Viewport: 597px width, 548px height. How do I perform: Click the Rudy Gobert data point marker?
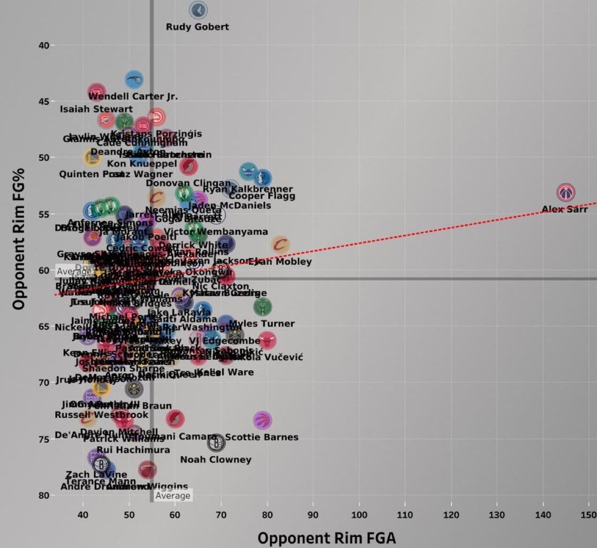(198, 10)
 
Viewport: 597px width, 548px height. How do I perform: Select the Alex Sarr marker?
(565, 192)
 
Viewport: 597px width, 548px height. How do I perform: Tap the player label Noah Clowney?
(216, 460)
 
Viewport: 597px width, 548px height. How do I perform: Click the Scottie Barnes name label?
(262, 437)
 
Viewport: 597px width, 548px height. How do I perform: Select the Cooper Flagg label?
(262, 196)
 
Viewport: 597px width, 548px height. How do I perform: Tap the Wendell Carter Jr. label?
(133, 97)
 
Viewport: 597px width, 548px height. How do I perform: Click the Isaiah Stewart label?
(96, 109)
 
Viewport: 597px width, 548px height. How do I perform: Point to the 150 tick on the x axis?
(589, 515)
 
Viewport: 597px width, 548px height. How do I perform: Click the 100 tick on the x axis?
(359, 515)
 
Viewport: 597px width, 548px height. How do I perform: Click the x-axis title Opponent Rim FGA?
(327, 537)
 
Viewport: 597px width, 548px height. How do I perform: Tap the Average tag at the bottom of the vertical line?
(173, 496)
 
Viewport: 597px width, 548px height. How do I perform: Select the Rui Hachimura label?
(133, 450)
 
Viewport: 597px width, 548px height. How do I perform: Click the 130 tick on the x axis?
(497, 515)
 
